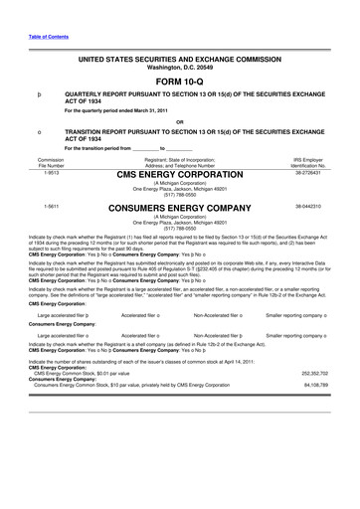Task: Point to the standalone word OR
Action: (179, 122)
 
